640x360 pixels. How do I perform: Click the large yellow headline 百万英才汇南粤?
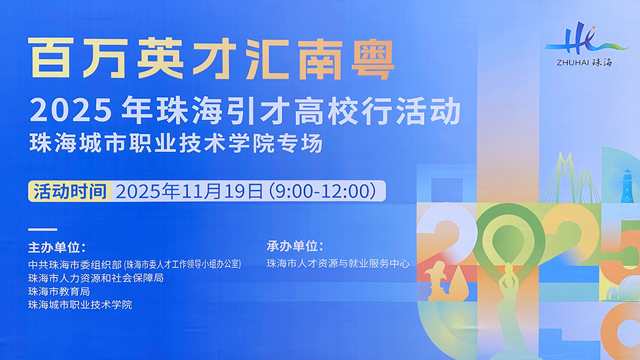coord(211,59)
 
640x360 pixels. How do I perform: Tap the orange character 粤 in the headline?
coord(373,59)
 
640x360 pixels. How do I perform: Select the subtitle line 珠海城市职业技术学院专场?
coord(176,143)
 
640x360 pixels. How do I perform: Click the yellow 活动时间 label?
coord(70,191)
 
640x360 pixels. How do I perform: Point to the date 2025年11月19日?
coord(189,191)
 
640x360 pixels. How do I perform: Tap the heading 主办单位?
coord(57,247)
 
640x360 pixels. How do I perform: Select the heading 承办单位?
coord(295,246)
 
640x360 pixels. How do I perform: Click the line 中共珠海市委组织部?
coord(75,265)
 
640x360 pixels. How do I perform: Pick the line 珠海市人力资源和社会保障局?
coord(95,278)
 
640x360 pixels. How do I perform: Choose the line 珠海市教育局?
coord(59,291)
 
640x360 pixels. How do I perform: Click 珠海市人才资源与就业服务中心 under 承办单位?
coord(338,264)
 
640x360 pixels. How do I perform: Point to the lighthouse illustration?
coord(627,186)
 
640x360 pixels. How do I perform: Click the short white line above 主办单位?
coord(43,229)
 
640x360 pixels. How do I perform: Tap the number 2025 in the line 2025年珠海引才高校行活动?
coord(71,110)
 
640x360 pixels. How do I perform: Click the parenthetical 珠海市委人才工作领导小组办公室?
coord(183,265)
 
